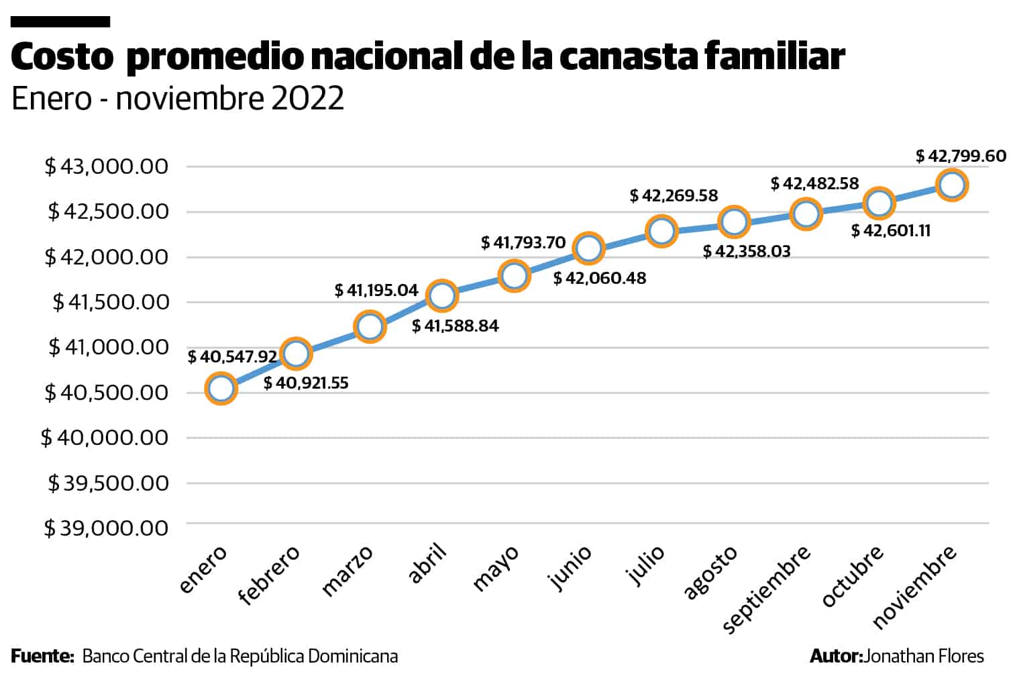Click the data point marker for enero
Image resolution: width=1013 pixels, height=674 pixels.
221,389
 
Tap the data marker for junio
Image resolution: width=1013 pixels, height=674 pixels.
588,248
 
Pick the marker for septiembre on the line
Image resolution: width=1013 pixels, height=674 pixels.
806,214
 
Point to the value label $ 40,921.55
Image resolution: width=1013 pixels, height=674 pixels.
306,383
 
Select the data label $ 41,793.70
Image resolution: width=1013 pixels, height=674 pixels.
523,242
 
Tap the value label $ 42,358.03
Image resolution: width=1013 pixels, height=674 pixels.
747,252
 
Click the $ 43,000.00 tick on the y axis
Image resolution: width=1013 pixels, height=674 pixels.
106,166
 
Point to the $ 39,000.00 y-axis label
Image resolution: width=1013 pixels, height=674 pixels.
106,528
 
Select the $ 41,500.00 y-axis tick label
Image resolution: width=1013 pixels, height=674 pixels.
111,302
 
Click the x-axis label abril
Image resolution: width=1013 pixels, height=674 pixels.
428,565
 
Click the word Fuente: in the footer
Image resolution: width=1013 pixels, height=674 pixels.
42,656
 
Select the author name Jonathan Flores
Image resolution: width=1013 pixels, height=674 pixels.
924,656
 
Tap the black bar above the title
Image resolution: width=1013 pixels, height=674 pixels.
60,22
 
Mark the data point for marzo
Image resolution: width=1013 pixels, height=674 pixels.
369,327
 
